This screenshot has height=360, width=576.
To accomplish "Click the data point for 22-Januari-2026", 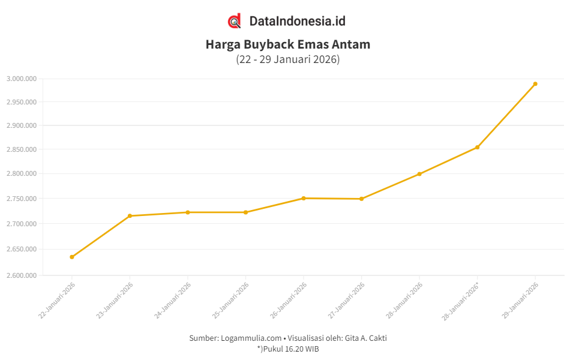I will [x=72, y=257].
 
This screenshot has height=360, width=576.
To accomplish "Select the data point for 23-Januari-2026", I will [x=130, y=216].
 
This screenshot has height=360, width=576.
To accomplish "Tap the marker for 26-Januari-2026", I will [x=304, y=198].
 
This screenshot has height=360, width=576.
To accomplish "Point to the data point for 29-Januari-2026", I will [x=535, y=84].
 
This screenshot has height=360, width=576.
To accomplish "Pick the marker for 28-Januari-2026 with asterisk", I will [x=477, y=147].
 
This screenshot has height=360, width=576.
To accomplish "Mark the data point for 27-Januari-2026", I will [x=361, y=199].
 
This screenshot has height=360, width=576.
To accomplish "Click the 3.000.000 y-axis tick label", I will [x=22, y=79].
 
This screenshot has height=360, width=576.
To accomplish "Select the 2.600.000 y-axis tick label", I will [x=22, y=275].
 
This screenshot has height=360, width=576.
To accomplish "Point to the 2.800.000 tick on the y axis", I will [x=22, y=174].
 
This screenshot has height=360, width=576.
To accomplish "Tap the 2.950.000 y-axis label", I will [x=22, y=102].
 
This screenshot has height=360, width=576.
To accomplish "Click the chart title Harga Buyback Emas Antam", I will [x=288, y=44].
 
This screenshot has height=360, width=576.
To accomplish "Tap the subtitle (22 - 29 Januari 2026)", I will [x=288, y=59].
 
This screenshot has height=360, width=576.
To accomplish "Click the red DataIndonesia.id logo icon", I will [x=235, y=21].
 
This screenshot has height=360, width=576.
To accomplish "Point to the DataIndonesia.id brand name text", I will [x=297, y=21].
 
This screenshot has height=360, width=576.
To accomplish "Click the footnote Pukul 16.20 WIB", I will [x=290, y=349].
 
